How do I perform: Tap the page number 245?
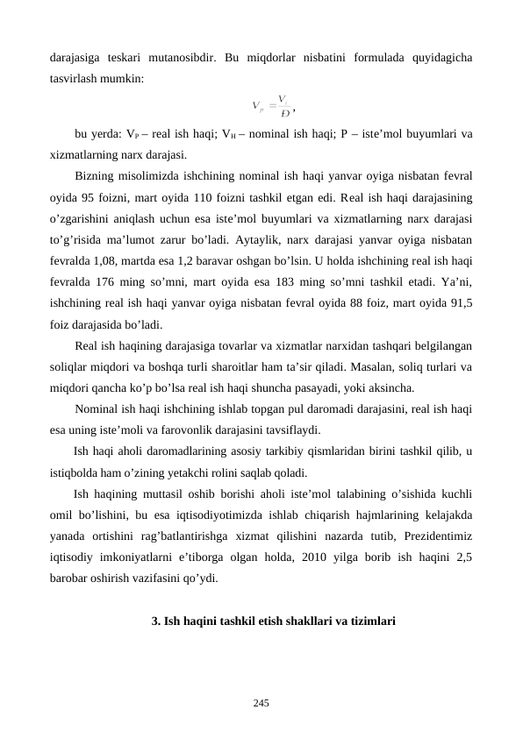(261, 701)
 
